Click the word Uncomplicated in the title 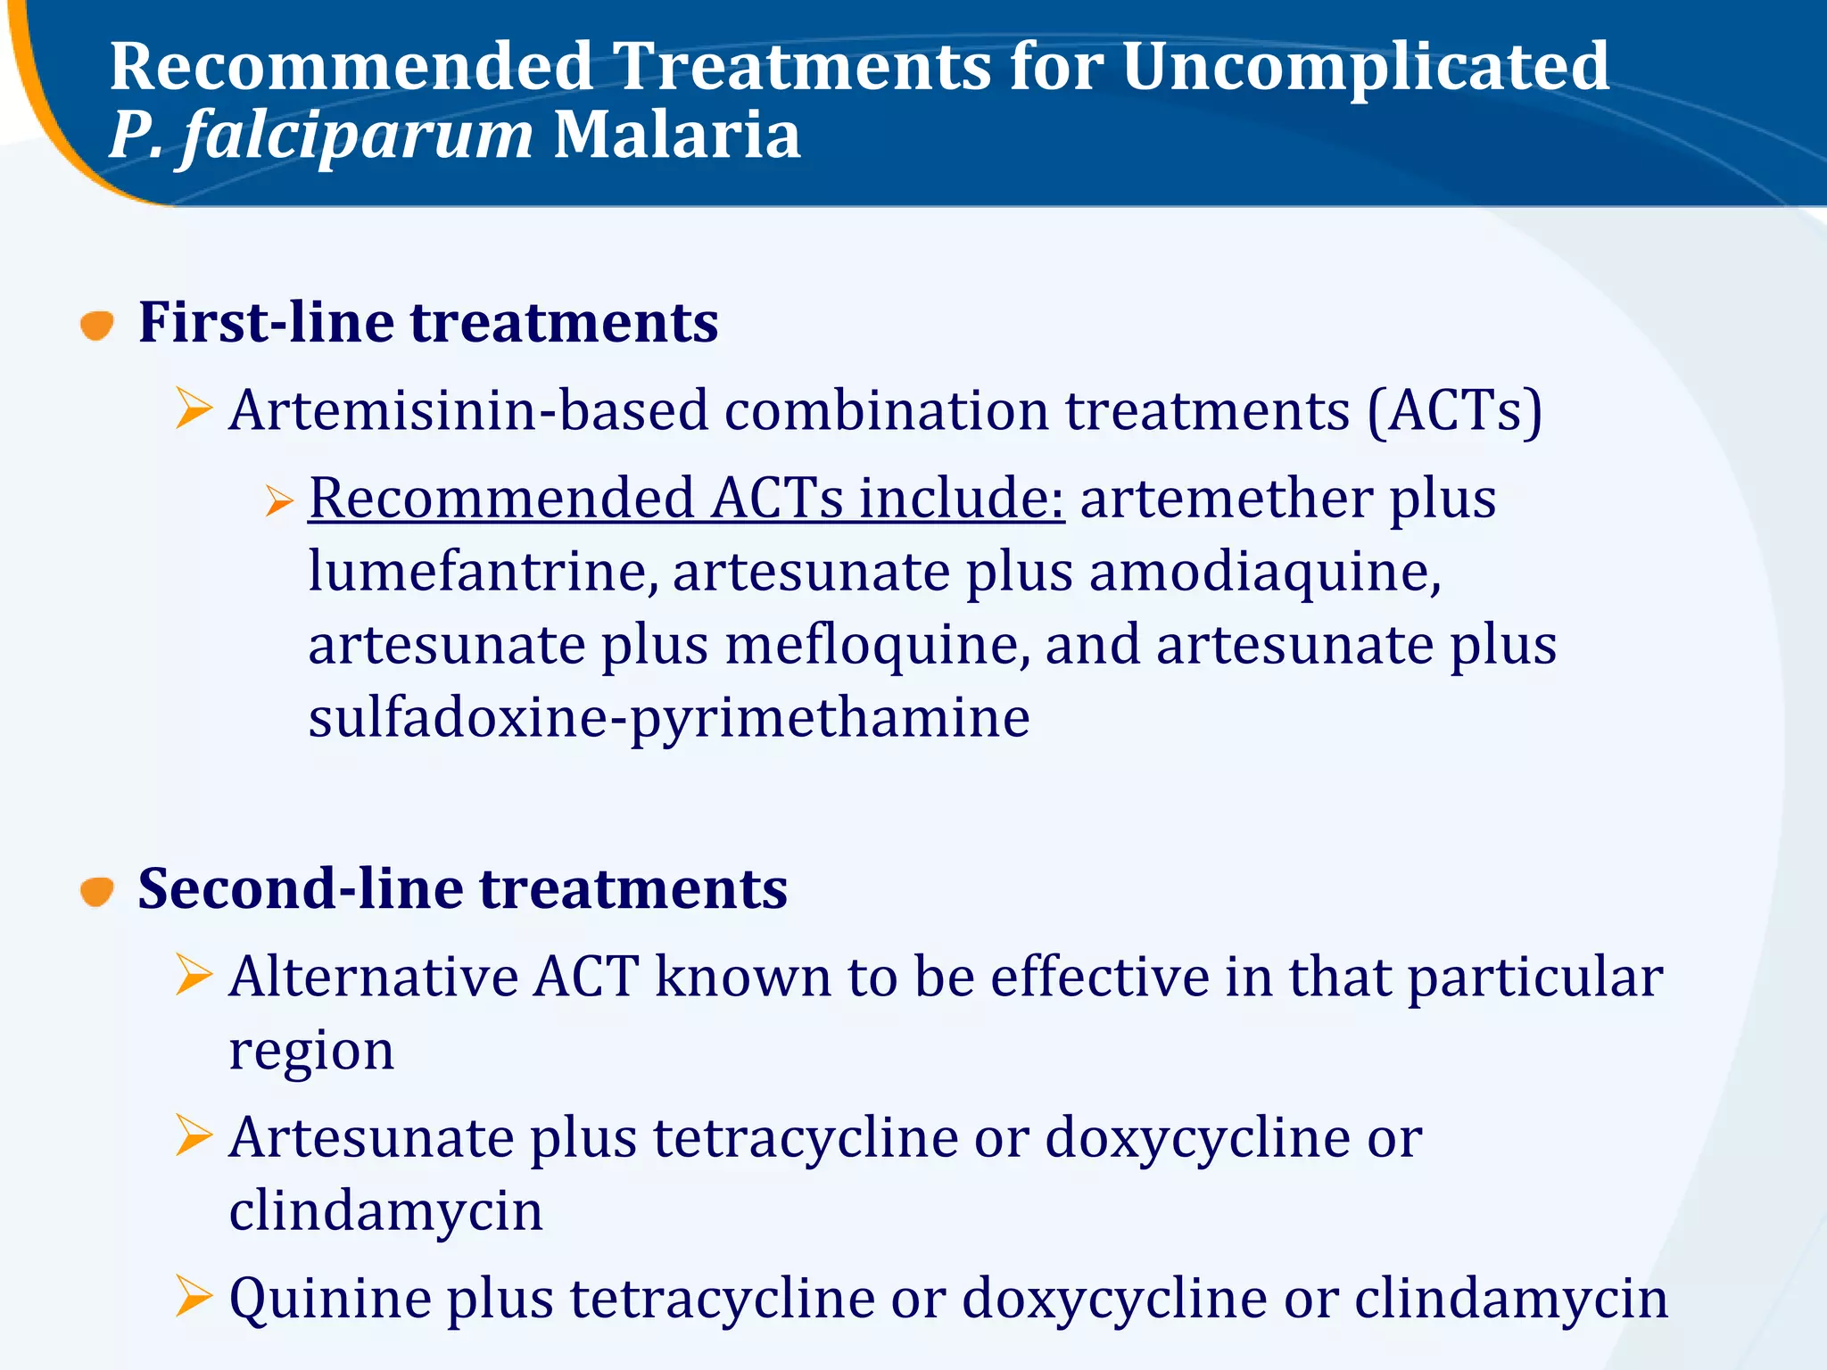(x=1365, y=68)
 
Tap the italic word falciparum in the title (x=357, y=136)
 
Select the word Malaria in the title (x=676, y=136)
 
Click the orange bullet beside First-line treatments (x=96, y=325)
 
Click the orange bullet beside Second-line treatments (x=96, y=891)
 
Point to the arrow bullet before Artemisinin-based (x=194, y=409)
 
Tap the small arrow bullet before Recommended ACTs (x=278, y=501)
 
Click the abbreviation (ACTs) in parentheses (x=1454, y=411)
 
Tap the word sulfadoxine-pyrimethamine (x=669, y=719)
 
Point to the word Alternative (x=373, y=977)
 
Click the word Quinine (x=330, y=1298)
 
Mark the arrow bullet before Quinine (x=194, y=1296)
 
